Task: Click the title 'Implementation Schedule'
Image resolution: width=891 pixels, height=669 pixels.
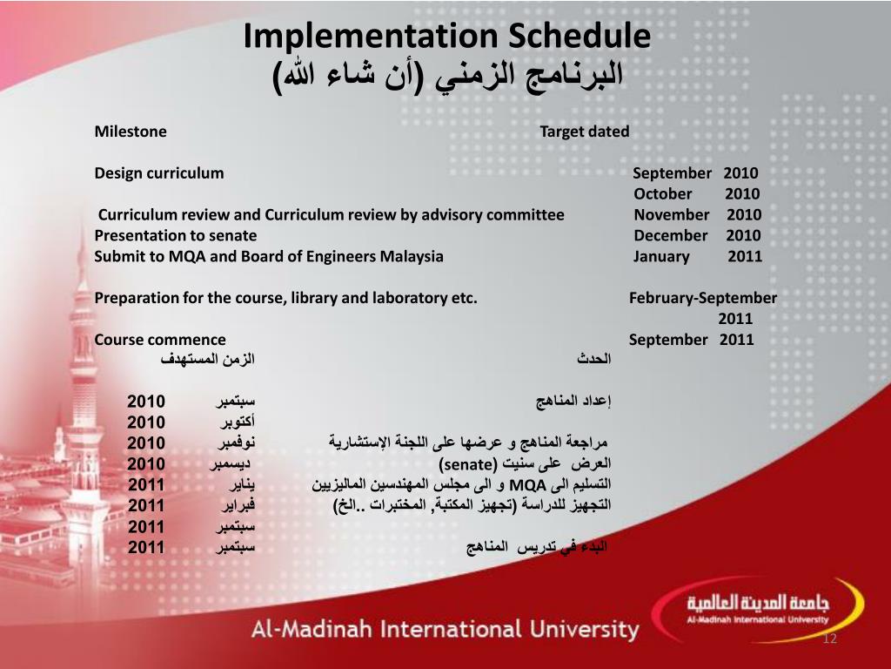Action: click(x=446, y=36)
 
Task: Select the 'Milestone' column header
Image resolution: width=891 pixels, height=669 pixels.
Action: click(x=131, y=132)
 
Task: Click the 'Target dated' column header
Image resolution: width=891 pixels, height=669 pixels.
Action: click(x=584, y=132)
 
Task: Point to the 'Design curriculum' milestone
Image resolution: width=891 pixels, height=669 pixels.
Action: click(x=159, y=172)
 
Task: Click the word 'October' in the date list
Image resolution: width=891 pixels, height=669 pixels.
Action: click(x=663, y=193)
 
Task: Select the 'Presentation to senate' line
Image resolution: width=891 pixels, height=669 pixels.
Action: click(x=176, y=235)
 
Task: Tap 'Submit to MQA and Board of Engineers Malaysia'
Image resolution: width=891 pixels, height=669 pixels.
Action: click(x=269, y=256)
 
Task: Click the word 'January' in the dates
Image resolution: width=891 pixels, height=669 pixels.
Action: click(x=661, y=256)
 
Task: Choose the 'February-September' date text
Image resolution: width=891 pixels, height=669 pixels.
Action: click(x=703, y=298)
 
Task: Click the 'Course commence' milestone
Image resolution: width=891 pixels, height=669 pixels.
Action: click(x=160, y=340)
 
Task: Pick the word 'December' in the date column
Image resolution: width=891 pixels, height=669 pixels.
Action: click(x=671, y=235)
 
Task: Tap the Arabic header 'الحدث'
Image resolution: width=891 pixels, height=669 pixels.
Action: click(x=594, y=359)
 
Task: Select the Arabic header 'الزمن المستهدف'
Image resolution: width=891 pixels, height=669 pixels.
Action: click(x=208, y=359)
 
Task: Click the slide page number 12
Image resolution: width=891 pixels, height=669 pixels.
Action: click(x=829, y=640)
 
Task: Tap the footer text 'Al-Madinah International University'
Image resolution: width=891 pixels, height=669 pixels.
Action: click(x=445, y=629)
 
